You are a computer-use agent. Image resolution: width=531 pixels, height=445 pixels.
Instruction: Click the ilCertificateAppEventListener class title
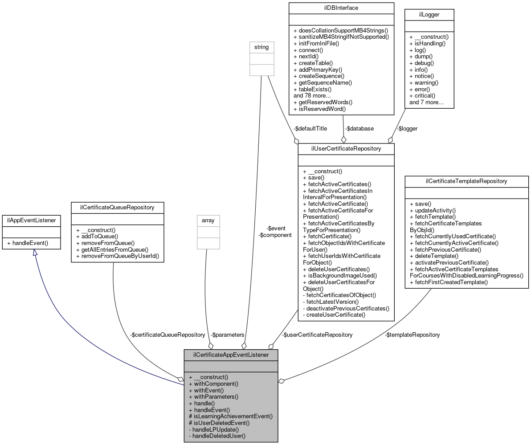[231, 355]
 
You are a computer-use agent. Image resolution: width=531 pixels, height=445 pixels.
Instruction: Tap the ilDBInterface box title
[341, 8]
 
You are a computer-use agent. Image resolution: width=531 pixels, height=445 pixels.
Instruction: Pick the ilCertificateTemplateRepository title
[466, 181]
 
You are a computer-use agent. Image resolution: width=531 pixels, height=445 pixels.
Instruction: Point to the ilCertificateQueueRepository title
[118, 207]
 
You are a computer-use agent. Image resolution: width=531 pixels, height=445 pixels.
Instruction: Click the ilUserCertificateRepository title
[346, 149]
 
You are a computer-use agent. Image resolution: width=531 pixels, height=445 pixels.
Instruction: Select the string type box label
[261, 47]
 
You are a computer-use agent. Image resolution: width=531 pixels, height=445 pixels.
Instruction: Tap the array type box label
[208, 220]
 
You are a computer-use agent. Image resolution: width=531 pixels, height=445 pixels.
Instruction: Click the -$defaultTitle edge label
[310, 128]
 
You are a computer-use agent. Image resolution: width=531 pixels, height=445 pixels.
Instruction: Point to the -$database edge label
[359, 128]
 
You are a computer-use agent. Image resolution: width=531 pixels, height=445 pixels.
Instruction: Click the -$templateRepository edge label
[413, 335]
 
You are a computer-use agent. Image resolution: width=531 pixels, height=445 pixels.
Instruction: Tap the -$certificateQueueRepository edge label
[167, 335]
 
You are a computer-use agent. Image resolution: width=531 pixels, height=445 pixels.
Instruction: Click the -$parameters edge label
[228, 335]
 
